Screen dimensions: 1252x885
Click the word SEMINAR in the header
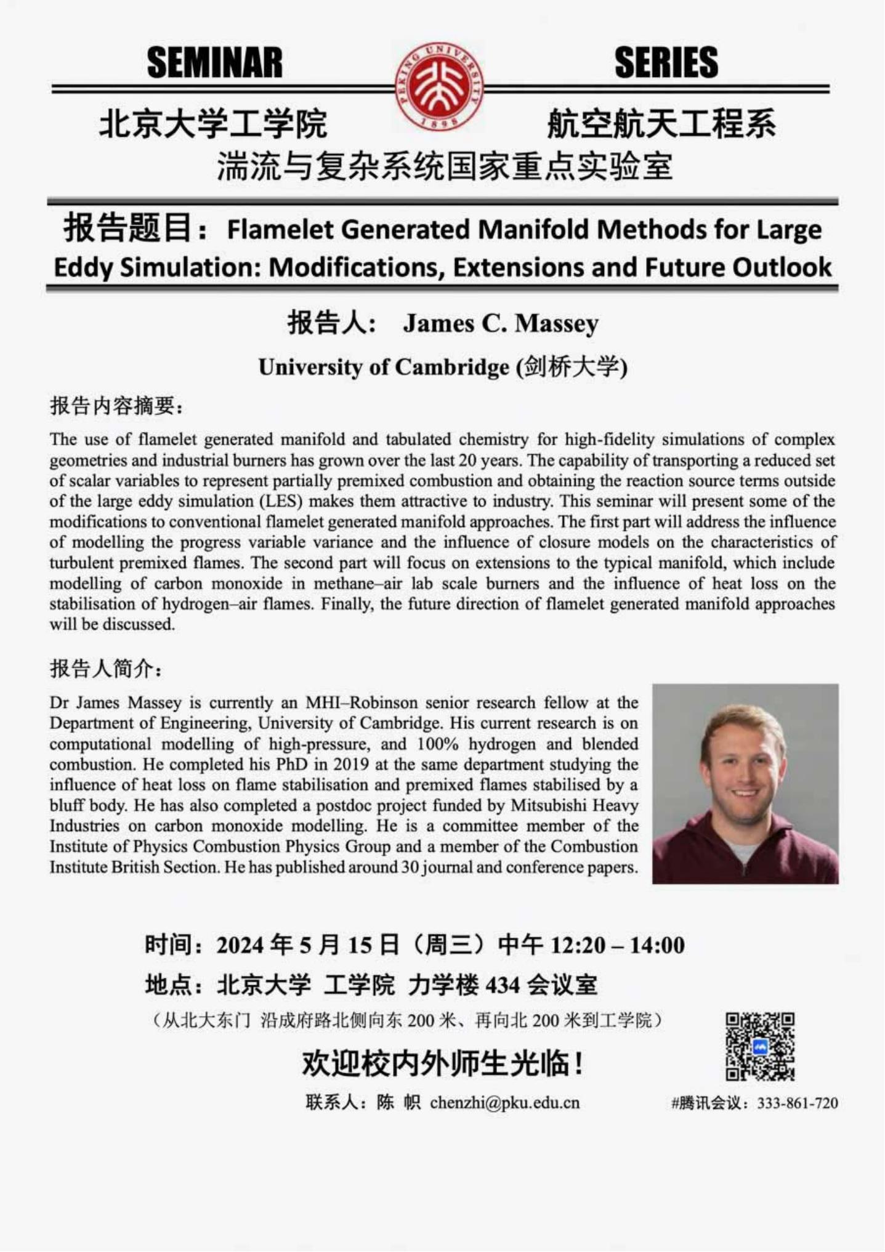(214, 63)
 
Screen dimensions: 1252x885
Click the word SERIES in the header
(666, 63)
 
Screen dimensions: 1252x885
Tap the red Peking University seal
(439, 86)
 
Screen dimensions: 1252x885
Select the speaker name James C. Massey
(501, 323)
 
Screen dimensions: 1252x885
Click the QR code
(760, 1046)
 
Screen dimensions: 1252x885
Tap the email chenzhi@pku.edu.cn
(504, 1102)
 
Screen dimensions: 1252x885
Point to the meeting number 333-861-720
(798, 1103)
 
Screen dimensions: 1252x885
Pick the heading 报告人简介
(105, 669)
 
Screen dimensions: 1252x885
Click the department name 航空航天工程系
(661, 124)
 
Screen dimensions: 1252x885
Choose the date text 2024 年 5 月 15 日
(308, 945)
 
